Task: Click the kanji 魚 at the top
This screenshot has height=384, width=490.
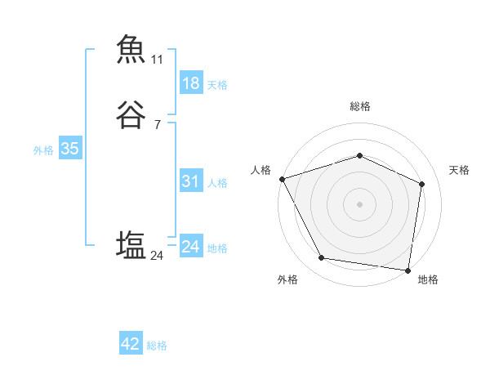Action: coord(131,49)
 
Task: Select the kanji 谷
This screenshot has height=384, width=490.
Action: coord(131,115)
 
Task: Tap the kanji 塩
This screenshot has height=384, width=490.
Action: coord(131,246)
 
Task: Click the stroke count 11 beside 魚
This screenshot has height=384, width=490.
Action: coord(157,60)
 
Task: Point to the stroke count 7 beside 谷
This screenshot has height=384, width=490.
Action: coord(157,125)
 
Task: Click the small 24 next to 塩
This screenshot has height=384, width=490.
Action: coord(157,257)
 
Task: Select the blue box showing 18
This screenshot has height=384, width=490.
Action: coord(190,83)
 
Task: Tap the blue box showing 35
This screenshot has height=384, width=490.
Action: coord(69,150)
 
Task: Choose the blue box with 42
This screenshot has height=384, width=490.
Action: coord(131,344)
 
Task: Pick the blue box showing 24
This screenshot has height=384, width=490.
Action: coord(190,247)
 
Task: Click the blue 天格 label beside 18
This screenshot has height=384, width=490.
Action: coord(217,85)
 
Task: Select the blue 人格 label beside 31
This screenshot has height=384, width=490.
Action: coord(217,183)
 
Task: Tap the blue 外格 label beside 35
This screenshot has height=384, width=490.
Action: coord(43,150)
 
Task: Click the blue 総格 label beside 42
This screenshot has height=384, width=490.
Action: coord(157,346)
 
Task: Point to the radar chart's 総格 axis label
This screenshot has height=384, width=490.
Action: coord(359,106)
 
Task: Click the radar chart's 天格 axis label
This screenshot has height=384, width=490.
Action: coord(460,170)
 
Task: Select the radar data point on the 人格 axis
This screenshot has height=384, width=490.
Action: coord(282,179)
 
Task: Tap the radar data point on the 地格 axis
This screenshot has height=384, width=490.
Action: coord(408,270)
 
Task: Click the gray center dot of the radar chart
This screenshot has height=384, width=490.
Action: coord(359,203)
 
